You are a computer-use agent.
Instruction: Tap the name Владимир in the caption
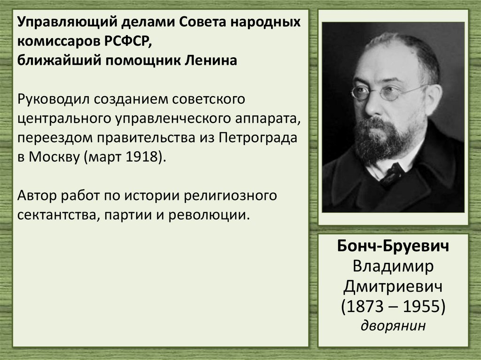pos(393,267)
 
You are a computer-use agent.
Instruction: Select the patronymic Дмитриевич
pos(393,286)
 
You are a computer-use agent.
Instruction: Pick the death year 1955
pos(421,306)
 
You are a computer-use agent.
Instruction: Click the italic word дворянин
pos(393,325)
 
